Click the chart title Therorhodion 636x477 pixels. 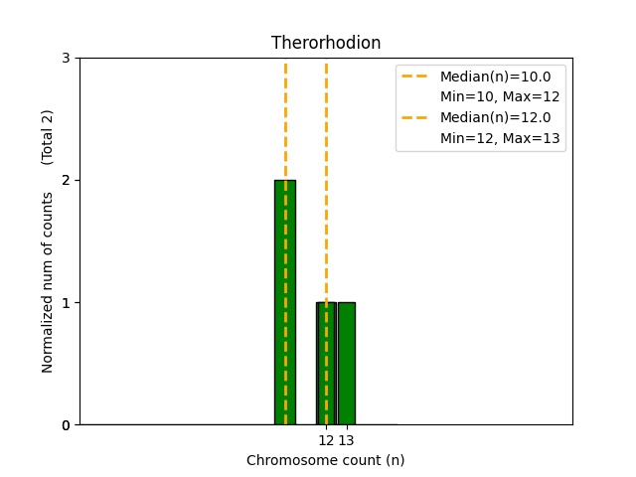(x=326, y=44)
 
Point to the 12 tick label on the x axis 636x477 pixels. (x=326, y=440)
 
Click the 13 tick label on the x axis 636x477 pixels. (x=347, y=440)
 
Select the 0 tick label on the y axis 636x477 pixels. (x=66, y=425)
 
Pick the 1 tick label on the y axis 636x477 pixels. (x=66, y=303)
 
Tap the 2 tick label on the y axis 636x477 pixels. (x=66, y=180)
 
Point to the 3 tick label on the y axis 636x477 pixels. (x=66, y=58)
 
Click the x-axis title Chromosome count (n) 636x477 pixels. (x=326, y=460)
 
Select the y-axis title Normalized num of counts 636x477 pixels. (x=48, y=282)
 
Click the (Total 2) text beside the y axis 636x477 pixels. (x=48, y=136)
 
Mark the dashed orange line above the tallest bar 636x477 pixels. (x=285, y=119)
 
